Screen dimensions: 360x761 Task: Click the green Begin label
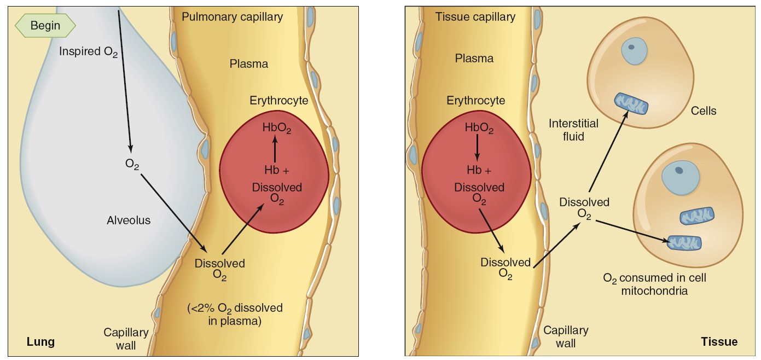45,25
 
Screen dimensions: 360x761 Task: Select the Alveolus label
129,220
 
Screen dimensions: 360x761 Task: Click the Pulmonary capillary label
233,17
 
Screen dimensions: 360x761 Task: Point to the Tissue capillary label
475,17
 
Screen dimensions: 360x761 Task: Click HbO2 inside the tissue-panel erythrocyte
479,129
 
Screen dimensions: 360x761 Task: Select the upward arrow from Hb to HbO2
275,148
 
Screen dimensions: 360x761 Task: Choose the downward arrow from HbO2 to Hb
477,148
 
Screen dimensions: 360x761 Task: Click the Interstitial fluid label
573,130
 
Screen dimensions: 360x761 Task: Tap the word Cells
703,111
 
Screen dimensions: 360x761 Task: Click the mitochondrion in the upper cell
631,104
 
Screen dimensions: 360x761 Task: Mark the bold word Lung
41,342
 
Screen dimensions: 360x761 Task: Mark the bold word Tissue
719,342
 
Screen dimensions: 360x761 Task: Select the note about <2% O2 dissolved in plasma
235,315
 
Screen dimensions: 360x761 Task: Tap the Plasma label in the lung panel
249,64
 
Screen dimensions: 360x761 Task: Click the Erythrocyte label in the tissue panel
476,101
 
